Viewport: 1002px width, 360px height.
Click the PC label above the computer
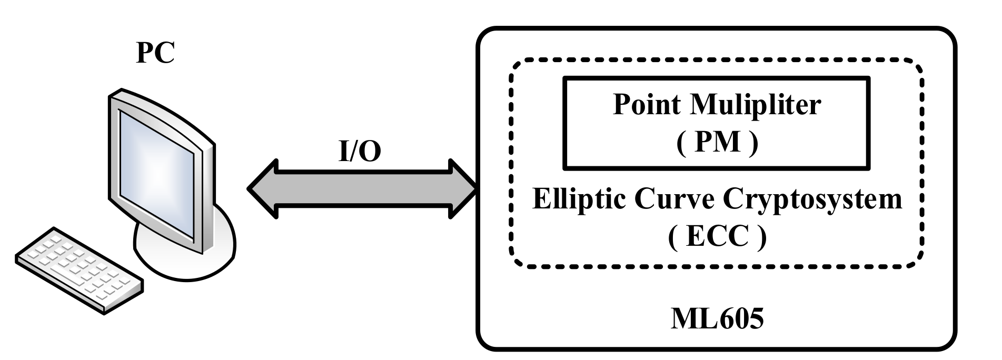point(155,53)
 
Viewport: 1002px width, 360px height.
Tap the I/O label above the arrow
point(359,152)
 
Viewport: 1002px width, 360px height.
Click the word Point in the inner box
point(646,105)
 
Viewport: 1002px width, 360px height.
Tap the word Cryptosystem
point(812,201)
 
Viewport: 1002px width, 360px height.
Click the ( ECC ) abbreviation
point(717,237)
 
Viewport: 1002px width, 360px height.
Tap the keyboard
point(79,269)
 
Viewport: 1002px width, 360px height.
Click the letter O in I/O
point(370,152)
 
